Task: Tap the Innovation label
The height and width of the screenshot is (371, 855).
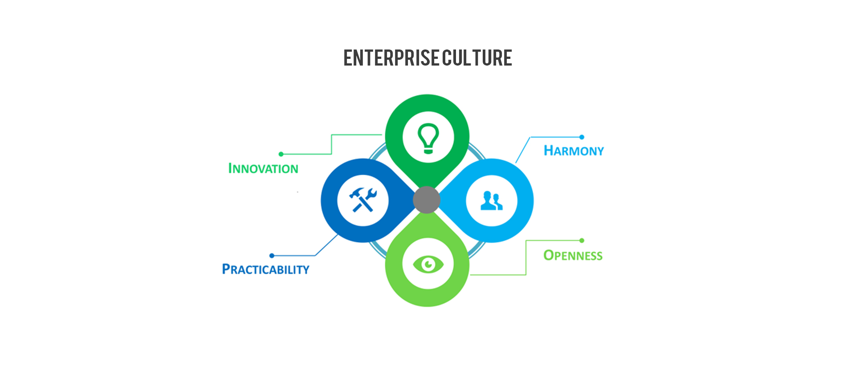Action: (263, 169)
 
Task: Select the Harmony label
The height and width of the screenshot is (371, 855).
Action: (574, 151)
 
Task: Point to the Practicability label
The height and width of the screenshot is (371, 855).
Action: (265, 269)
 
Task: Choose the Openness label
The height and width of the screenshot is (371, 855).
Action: (573, 256)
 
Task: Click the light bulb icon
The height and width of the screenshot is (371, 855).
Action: (428, 138)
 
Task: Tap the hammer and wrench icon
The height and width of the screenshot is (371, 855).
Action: (363, 200)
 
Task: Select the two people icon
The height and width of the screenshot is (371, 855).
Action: (492, 201)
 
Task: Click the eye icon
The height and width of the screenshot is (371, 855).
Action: (428, 264)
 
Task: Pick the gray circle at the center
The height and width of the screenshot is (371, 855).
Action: (427, 200)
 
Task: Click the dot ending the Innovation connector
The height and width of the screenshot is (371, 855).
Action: (281, 154)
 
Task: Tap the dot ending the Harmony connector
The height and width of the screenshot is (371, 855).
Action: (582, 137)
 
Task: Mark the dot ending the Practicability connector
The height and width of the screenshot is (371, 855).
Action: (272, 256)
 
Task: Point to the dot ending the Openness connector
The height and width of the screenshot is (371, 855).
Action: (582, 240)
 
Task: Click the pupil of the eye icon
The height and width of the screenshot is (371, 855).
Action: (428, 264)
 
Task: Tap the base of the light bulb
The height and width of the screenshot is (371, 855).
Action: (428, 151)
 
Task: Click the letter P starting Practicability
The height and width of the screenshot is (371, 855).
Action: (226, 269)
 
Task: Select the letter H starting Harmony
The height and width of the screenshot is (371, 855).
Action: (549, 150)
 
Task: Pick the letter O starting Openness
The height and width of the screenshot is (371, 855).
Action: (549, 255)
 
